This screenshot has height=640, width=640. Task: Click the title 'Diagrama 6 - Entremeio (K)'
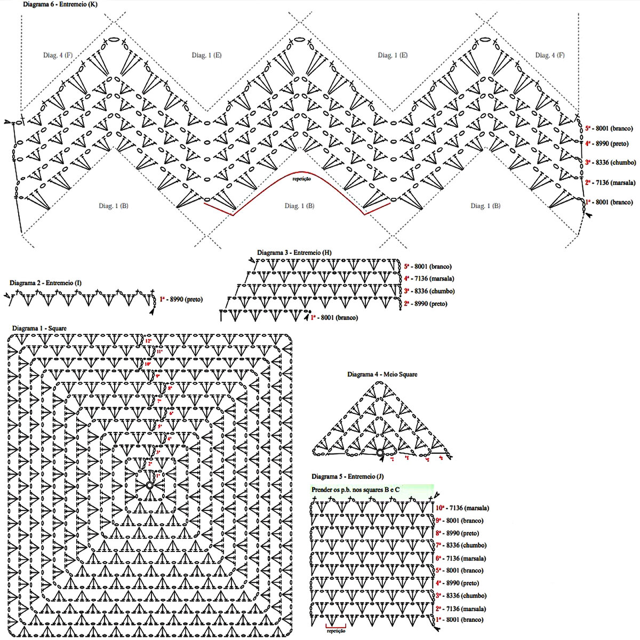click(60, 4)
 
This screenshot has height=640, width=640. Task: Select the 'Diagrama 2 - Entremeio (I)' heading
click(45, 283)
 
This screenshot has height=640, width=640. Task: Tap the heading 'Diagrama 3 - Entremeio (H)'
click(294, 252)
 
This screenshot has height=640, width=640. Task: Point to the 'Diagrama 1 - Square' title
click(39, 328)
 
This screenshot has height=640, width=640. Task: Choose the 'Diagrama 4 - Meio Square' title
click(382, 374)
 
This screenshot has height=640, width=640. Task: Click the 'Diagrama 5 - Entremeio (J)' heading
click(347, 476)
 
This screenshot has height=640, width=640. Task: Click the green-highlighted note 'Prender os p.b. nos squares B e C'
click(355, 489)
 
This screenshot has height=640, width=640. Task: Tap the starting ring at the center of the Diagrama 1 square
click(149, 485)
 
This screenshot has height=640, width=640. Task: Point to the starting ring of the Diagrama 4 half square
click(380, 453)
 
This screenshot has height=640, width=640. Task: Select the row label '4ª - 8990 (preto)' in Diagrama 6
click(607, 143)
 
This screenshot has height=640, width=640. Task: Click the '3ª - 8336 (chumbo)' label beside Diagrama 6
click(610, 162)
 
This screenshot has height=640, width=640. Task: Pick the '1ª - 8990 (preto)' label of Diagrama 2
click(181, 300)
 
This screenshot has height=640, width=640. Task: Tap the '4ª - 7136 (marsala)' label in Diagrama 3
click(429, 278)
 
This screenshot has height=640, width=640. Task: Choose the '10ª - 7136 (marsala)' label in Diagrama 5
click(462, 508)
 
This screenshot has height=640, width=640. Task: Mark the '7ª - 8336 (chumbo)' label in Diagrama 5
click(461, 545)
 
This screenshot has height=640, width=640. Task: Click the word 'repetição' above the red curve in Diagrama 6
click(301, 179)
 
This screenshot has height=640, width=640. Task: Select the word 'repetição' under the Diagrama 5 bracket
click(335, 630)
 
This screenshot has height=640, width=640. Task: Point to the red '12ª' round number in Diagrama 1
click(148, 341)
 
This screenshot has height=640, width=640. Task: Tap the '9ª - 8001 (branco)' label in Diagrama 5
click(459, 521)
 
